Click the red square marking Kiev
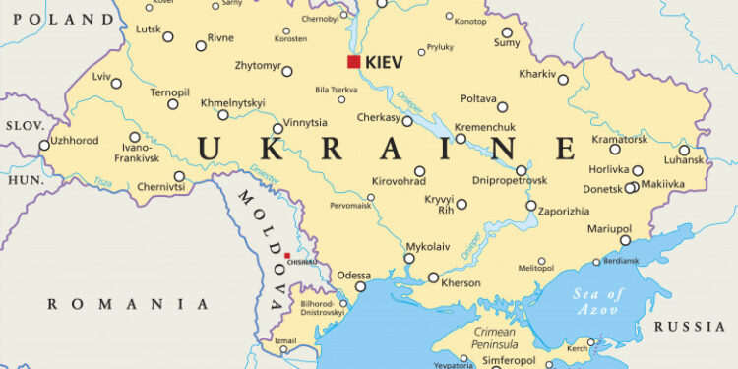pos(353,61)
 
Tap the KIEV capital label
pos(385,62)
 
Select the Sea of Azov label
pos(600,302)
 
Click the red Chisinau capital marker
pos(287,256)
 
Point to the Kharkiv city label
pos(537,74)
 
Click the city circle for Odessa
pos(360,287)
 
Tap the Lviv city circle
pos(117,84)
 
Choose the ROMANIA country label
pos(128,304)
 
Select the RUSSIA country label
pos(691,327)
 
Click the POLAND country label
pos(57,19)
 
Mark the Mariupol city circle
pos(625,241)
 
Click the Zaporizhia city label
pos(564,210)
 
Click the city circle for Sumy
pos(508,32)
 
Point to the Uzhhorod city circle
pos(44,145)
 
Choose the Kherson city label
pos(461,283)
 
